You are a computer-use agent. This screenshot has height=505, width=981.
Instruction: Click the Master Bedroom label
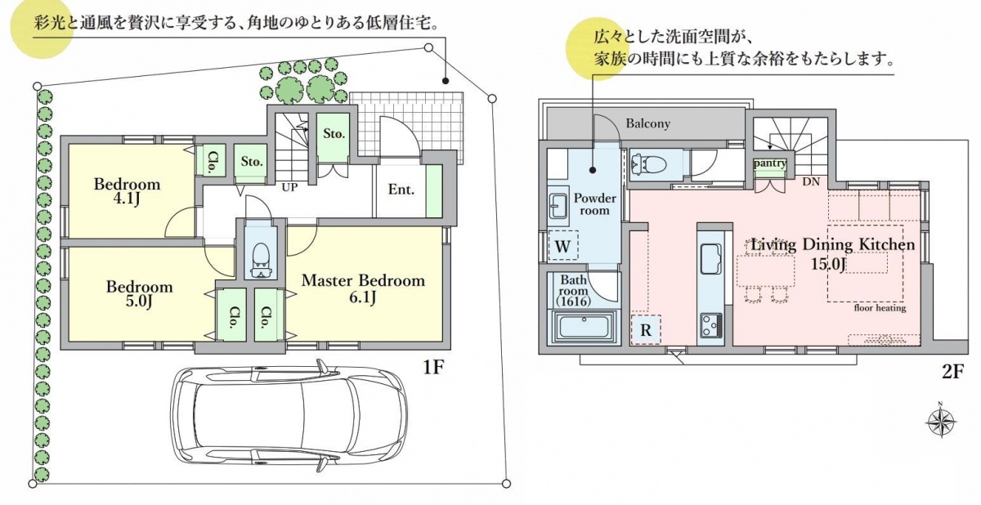click(363, 280)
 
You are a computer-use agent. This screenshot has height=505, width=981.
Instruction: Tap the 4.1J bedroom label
click(127, 190)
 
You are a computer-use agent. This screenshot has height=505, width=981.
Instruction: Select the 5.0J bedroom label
click(140, 293)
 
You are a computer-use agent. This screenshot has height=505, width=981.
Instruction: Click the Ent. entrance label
click(401, 190)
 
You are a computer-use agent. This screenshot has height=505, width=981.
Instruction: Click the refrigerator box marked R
click(646, 331)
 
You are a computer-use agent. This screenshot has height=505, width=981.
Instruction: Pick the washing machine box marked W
click(563, 245)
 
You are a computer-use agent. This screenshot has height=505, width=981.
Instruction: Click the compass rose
click(941, 422)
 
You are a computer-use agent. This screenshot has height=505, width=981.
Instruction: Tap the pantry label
click(770, 163)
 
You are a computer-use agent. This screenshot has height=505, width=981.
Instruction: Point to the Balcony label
click(647, 123)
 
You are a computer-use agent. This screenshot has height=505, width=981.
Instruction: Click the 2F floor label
click(953, 372)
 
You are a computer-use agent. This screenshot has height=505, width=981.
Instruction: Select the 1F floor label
click(432, 368)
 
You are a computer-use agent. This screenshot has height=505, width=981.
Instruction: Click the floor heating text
click(880, 308)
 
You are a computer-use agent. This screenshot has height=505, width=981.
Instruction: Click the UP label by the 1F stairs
click(289, 186)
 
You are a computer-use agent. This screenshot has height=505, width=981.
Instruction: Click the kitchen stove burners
click(709, 324)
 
